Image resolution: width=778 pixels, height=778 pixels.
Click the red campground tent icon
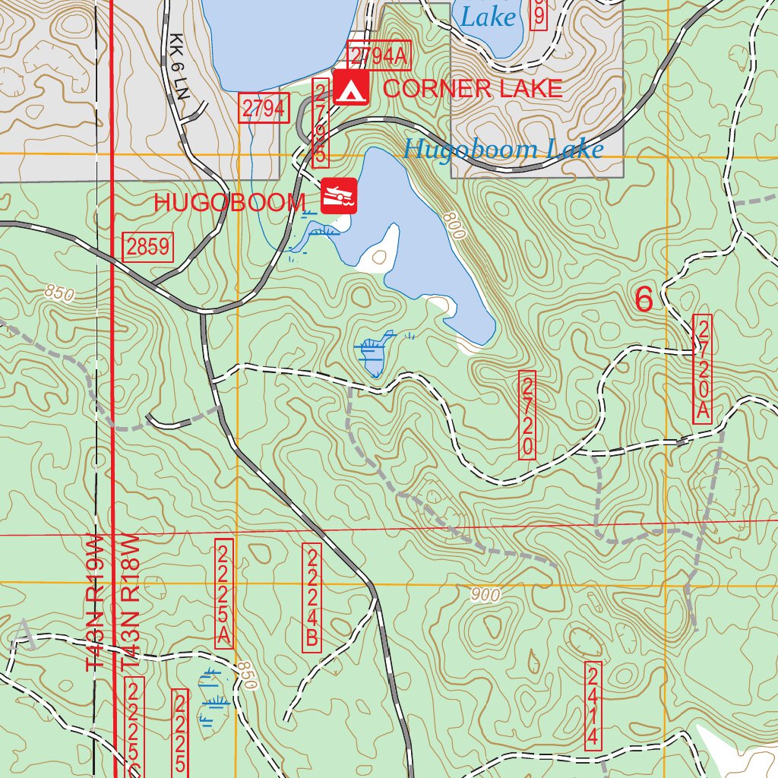(x=351, y=88)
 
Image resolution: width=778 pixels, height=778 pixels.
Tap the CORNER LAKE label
(x=473, y=88)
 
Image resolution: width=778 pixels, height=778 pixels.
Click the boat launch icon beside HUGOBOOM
(x=339, y=196)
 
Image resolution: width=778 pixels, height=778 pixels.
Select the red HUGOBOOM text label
(x=229, y=203)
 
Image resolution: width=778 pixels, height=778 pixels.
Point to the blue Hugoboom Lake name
(x=503, y=149)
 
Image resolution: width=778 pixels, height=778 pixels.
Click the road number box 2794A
(x=378, y=55)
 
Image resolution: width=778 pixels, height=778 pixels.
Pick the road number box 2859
(x=148, y=247)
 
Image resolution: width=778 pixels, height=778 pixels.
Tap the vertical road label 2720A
(x=703, y=368)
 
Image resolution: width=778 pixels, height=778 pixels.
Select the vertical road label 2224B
(x=311, y=596)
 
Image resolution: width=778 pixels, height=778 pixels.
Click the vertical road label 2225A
(x=223, y=593)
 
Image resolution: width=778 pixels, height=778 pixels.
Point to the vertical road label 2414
(x=593, y=706)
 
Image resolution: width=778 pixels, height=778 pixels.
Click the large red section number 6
(x=644, y=299)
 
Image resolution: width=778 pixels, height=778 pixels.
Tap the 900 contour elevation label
(x=485, y=595)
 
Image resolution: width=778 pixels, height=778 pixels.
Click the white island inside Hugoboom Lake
(x=382, y=248)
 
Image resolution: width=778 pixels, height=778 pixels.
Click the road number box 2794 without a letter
(x=264, y=109)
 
